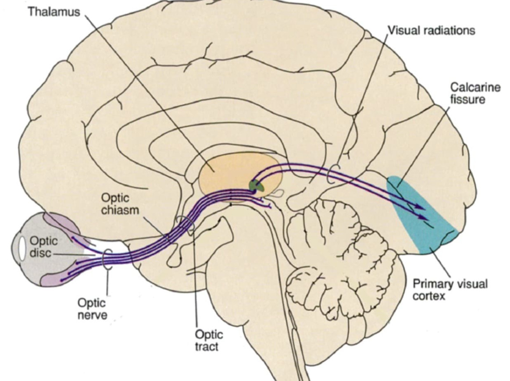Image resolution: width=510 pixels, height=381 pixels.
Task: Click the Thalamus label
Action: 54,11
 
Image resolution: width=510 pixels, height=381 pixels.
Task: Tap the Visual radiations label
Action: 431,30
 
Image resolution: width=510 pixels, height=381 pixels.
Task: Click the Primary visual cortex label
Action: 450,289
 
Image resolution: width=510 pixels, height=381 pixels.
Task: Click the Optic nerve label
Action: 92,309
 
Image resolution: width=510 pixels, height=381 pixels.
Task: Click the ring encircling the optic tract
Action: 186,224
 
